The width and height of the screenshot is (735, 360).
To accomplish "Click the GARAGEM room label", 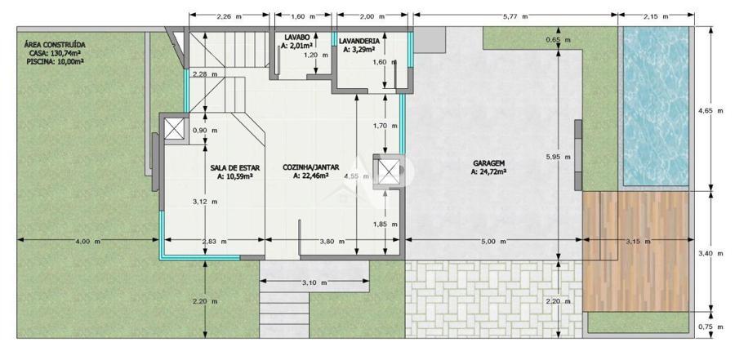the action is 488,163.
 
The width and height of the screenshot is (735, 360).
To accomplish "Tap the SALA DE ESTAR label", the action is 235,167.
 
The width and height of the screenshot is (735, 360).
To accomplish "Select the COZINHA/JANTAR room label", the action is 311,167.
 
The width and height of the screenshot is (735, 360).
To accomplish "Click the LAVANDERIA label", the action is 359,41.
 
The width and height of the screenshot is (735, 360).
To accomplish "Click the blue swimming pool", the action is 656,105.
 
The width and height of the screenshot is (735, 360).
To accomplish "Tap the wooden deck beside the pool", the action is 636,251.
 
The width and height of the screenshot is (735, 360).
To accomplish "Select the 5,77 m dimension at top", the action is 515,16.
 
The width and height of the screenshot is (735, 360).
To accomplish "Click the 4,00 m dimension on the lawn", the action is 87,242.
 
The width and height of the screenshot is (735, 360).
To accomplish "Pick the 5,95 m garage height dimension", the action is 559,157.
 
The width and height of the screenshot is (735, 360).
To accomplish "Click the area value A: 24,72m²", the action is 488,172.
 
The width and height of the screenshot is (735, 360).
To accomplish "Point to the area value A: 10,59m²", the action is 235,176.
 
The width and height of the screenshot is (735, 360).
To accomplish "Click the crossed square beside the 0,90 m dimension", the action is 174,129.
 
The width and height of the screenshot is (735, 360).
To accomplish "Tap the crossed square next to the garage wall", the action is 390,171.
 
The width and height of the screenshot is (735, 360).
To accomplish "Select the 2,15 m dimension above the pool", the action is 656,16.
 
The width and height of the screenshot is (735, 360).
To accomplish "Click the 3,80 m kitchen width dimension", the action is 332,242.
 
